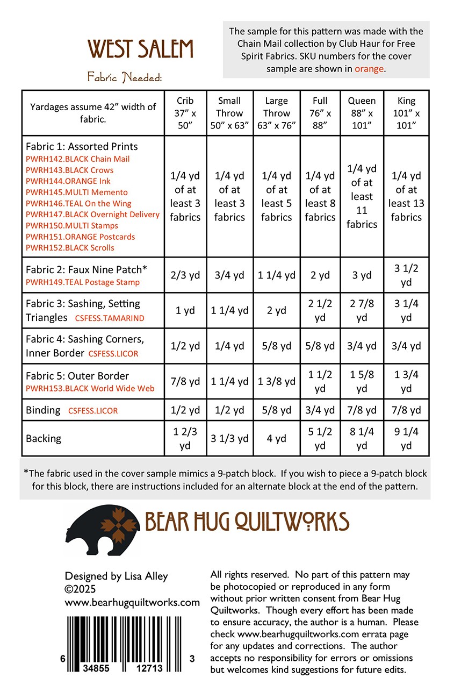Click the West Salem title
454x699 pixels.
140,49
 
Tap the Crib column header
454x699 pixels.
185,113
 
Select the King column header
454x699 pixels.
406,113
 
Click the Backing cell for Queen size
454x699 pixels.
362,438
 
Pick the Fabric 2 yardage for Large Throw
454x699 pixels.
276,275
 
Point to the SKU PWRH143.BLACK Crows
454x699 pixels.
70,170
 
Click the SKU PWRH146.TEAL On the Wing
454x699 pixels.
78,203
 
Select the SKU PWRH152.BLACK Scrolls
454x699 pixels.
70,248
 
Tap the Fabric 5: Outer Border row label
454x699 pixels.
77,376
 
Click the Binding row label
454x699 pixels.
43,410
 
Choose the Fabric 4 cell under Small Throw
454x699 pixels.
229,346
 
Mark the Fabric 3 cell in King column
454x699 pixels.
406,310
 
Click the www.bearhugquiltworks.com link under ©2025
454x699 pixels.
132,602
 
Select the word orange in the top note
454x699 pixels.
369,68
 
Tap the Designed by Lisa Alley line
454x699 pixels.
117,576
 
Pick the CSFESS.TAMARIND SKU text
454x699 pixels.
110,318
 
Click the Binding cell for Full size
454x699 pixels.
320,410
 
